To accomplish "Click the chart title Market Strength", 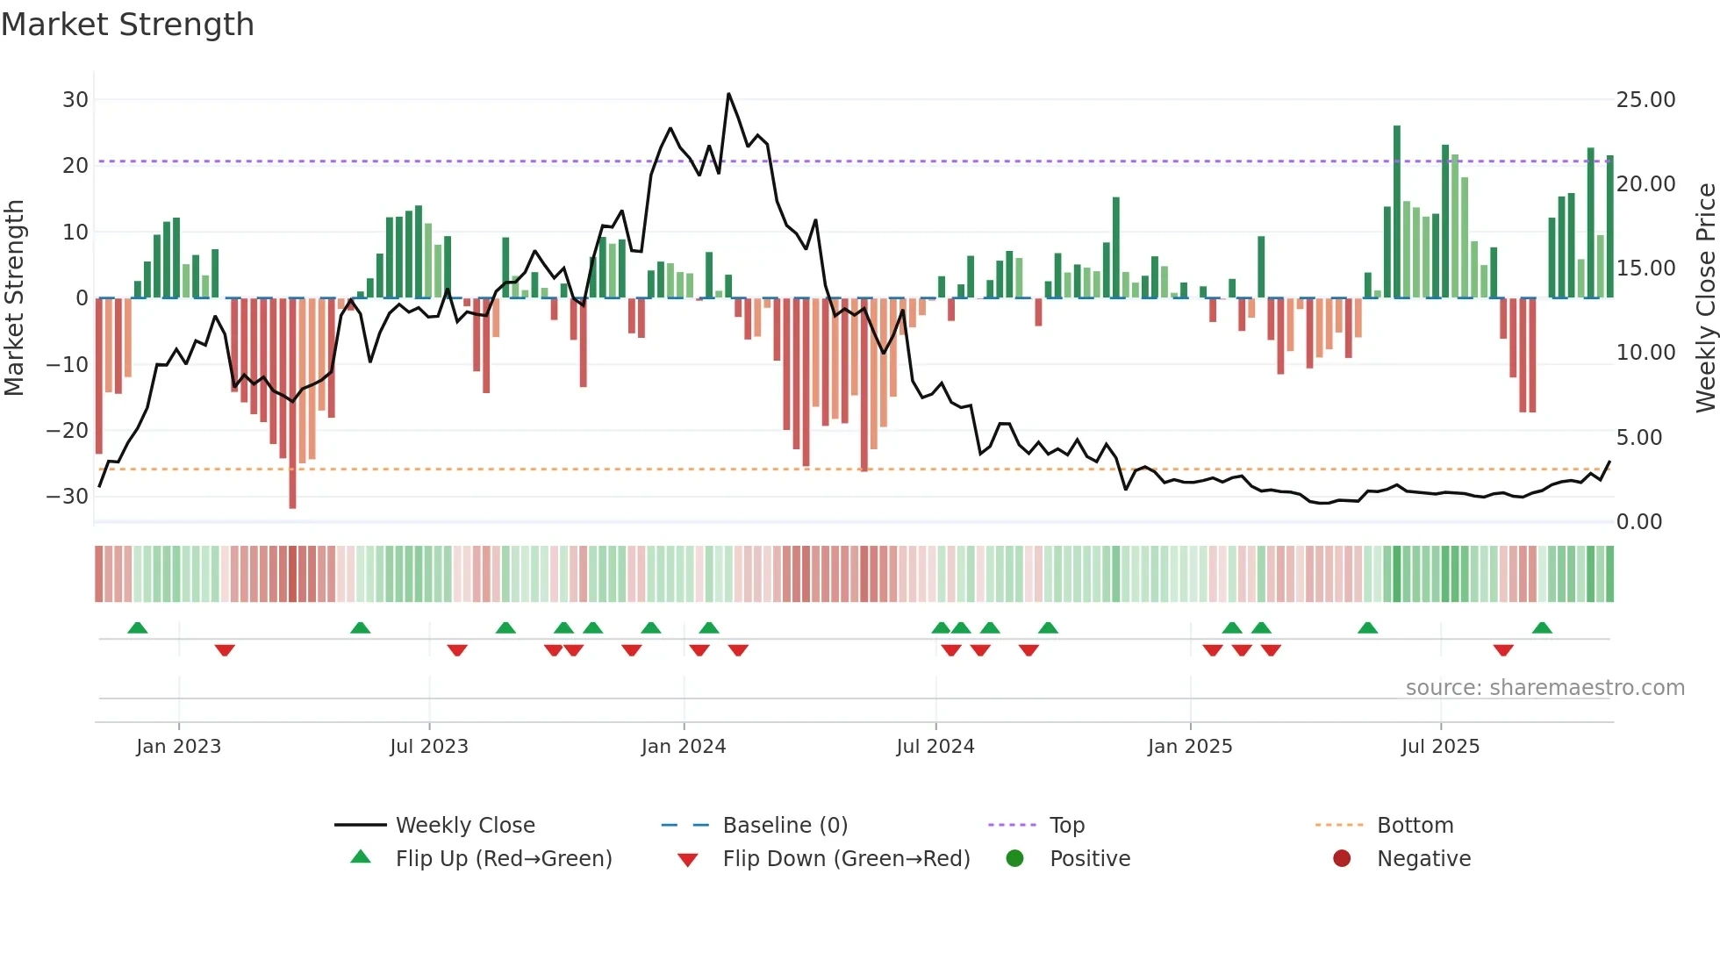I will click(128, 25).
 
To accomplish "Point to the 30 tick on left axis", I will click(75, 100).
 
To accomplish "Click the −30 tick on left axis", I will click(68, 497).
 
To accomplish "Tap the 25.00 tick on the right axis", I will click(1645, 100).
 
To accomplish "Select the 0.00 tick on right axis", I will click(1638, 522).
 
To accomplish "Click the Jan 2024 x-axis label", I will click(684, 747).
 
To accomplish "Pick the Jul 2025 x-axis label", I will click(1440, 747).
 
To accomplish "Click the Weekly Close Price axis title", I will click(1705, 298).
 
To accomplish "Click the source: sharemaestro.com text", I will click(1544, 688).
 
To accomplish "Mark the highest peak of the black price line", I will click(728, 94).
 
